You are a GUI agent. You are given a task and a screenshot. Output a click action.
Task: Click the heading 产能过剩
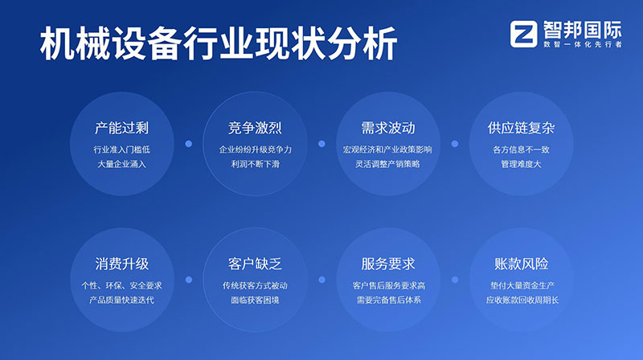point(121,129)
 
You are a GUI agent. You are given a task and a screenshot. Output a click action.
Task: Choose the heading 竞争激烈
point(255,129)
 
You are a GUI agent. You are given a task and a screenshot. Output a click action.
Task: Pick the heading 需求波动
point(388,129)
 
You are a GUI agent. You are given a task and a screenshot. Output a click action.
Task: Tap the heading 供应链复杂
point(521,129)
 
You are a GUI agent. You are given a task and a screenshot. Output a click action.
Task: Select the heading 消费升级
point(121,264)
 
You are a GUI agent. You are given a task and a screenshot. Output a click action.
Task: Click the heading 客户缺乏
point(255,264)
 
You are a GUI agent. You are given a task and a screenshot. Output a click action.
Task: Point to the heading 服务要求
point(388,264)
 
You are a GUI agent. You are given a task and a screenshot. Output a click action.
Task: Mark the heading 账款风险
point(521,264)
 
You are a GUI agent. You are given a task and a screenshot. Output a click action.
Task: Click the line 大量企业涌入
point(121,164)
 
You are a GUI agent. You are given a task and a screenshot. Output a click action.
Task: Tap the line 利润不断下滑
point(255,164)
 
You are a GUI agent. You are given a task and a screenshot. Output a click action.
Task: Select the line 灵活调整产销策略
point(388,164)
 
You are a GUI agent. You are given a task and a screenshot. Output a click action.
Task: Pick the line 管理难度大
point(521,164)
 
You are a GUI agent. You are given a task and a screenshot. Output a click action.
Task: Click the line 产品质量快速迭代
point(121,300)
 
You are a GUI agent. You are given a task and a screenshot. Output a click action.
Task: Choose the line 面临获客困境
point(255,300)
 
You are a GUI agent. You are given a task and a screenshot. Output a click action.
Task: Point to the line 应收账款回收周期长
point(521,300)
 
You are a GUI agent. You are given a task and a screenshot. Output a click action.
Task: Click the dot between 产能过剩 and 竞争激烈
point(188,145)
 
